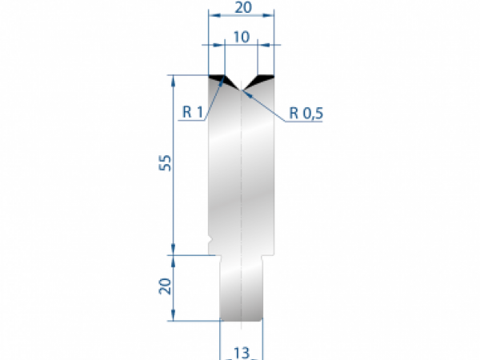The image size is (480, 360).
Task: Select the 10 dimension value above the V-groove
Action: [240, 37]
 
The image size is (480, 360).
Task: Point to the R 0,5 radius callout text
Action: [306, 113]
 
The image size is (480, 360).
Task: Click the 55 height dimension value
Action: [165, 163]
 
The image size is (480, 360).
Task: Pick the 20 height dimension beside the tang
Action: [165, 286]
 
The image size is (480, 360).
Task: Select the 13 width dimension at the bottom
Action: [240, 353]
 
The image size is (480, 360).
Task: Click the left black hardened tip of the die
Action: [217, 78]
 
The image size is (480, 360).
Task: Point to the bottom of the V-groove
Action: [241, 89]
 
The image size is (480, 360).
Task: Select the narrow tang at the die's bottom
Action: [241, 288]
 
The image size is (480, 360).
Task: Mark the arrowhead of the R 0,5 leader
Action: [246, 92]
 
